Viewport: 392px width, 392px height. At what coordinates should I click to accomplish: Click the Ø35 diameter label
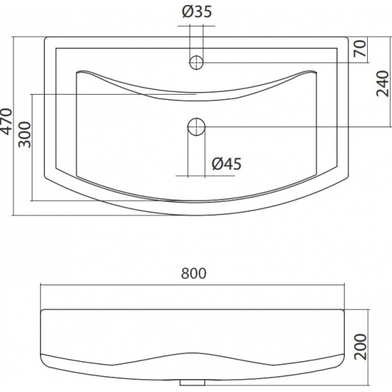click(197, 11)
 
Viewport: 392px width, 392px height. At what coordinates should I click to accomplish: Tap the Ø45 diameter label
click(227, 164)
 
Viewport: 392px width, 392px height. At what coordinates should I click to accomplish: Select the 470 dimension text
click(6, 121)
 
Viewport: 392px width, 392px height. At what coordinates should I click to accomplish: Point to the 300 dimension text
click(25, 135)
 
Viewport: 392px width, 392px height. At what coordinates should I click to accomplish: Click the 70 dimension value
click(360, 48)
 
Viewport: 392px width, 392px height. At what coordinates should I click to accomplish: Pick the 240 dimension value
click(383, 84)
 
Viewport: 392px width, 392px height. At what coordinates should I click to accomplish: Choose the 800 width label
click(194, 273)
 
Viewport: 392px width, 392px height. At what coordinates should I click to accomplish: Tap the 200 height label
click(361, 347)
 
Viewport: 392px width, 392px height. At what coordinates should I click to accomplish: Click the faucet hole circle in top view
click(196, 62)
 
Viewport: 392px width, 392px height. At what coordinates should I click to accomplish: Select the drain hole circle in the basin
click(196, 127)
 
